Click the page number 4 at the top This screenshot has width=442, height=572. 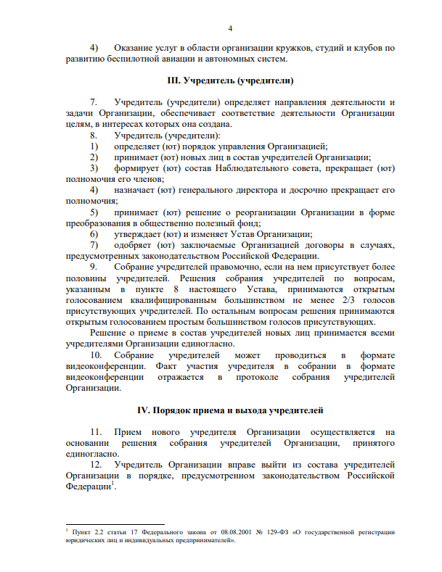pyautogui.click(x=229, y=28)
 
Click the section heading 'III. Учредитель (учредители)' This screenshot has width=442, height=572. pyautogui.click(x=229, y=80)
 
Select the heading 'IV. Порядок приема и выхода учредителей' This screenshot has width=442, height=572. pyautogui.click(x=229, y=410)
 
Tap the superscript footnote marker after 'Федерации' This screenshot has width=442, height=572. pyautogui.click(x=112, y=484)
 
